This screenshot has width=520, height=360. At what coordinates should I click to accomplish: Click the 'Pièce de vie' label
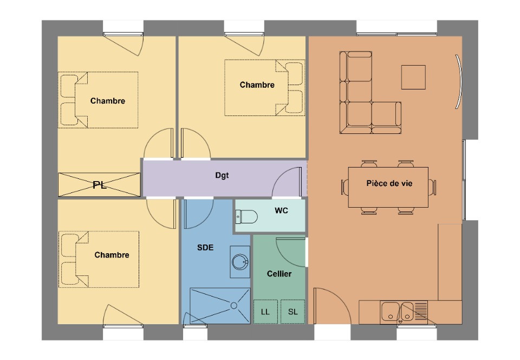tap(389, 184)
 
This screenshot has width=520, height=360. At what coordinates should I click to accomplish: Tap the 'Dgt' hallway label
tap(222, 175)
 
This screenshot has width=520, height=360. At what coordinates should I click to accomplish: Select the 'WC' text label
tap(281, 210)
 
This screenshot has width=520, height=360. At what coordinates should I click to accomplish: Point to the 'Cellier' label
tap(279, 274)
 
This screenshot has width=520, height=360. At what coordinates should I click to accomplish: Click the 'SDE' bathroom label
tap(205, 248)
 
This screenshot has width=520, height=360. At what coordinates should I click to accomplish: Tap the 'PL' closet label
tap(100, 185)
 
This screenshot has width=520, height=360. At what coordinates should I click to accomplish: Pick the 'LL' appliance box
tap(265, 312)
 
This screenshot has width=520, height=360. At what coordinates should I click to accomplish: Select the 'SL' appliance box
tap(293, 312)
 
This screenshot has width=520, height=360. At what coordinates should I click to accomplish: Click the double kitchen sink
tap(398, 312)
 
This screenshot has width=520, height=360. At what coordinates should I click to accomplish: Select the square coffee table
tap(413, 77)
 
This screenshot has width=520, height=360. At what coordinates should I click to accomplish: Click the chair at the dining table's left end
tap(345, 187)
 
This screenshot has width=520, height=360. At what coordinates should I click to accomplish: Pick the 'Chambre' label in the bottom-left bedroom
tap(112, 255)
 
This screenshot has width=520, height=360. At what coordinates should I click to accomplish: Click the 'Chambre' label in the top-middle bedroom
tap(257, 85)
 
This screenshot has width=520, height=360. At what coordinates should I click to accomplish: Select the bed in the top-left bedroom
tap(100, 100)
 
